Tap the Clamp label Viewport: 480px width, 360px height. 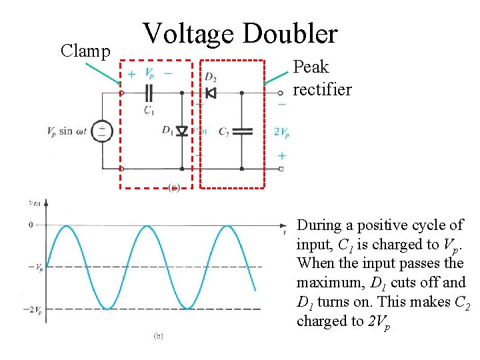click(85, 51)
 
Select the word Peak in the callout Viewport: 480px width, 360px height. click(311, 67)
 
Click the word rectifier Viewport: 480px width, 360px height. click(322, 89)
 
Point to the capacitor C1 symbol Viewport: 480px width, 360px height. click(149, 93)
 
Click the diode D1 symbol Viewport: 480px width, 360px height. click(183, 131)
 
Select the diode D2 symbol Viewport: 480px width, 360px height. click(211, 93)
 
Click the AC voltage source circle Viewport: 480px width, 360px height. click(102, 131)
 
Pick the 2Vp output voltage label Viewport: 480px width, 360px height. click(281, 132)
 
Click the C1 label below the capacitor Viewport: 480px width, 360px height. click(149, 111)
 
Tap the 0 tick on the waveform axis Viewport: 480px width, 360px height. click(30, 225)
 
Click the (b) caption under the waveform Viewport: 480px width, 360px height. click(157, 337)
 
